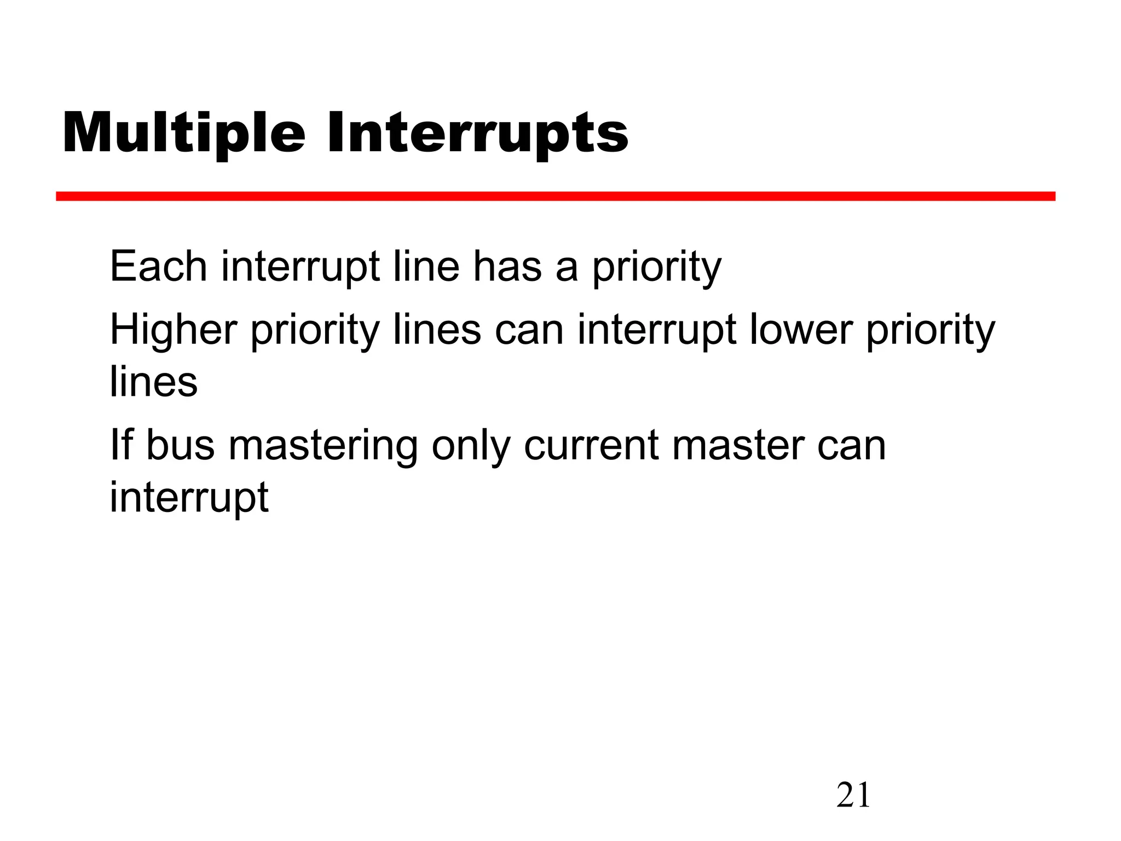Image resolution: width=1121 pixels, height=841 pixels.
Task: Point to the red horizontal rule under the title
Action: [x=555, y=197]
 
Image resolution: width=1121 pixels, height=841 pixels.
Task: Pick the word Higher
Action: [x=174, y=330]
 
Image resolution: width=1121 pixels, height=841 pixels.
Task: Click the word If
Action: [x=121, y=445]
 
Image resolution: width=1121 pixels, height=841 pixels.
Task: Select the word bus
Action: [x=180, y=445]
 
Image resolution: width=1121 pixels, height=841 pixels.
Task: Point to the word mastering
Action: [x=323, y=446]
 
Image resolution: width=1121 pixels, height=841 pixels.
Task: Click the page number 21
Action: [x=853, y=796]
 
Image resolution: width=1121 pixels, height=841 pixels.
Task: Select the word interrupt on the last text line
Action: [x=189, y=497]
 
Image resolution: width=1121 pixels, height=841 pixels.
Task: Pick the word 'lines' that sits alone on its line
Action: [x=153, y=382]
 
